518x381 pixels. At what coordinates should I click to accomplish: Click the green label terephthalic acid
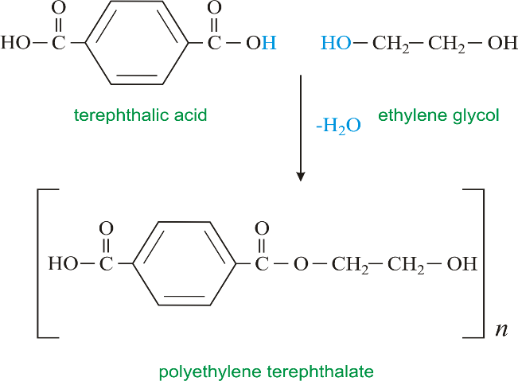(140, 115)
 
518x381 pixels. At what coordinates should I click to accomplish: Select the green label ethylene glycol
(438, 116)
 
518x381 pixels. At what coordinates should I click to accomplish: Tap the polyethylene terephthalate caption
(267, 371)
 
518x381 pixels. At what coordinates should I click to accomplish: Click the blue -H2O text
(338, 126)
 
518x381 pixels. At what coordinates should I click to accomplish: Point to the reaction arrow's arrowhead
(300, 177)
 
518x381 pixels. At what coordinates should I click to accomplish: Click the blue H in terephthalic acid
(269, 43)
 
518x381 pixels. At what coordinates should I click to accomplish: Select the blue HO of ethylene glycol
(336, 43)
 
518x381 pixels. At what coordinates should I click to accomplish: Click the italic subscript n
(501, 330)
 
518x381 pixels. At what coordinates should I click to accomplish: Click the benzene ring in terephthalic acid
(137, 43)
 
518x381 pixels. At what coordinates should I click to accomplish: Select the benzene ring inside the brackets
(185, 263)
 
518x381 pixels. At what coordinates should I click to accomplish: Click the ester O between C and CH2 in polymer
(301, 264)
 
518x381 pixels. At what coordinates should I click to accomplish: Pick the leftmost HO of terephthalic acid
(16, 43)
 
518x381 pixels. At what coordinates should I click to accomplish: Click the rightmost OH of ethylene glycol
(502, 43)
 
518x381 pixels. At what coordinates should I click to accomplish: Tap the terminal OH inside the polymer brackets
(462, 264)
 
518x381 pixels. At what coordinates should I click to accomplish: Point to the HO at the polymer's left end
(64, 264)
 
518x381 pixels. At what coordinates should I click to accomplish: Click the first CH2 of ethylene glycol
(391, 44)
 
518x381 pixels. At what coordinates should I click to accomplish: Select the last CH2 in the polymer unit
(406, 265)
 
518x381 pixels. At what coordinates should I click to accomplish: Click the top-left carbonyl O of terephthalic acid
(58, 8)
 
